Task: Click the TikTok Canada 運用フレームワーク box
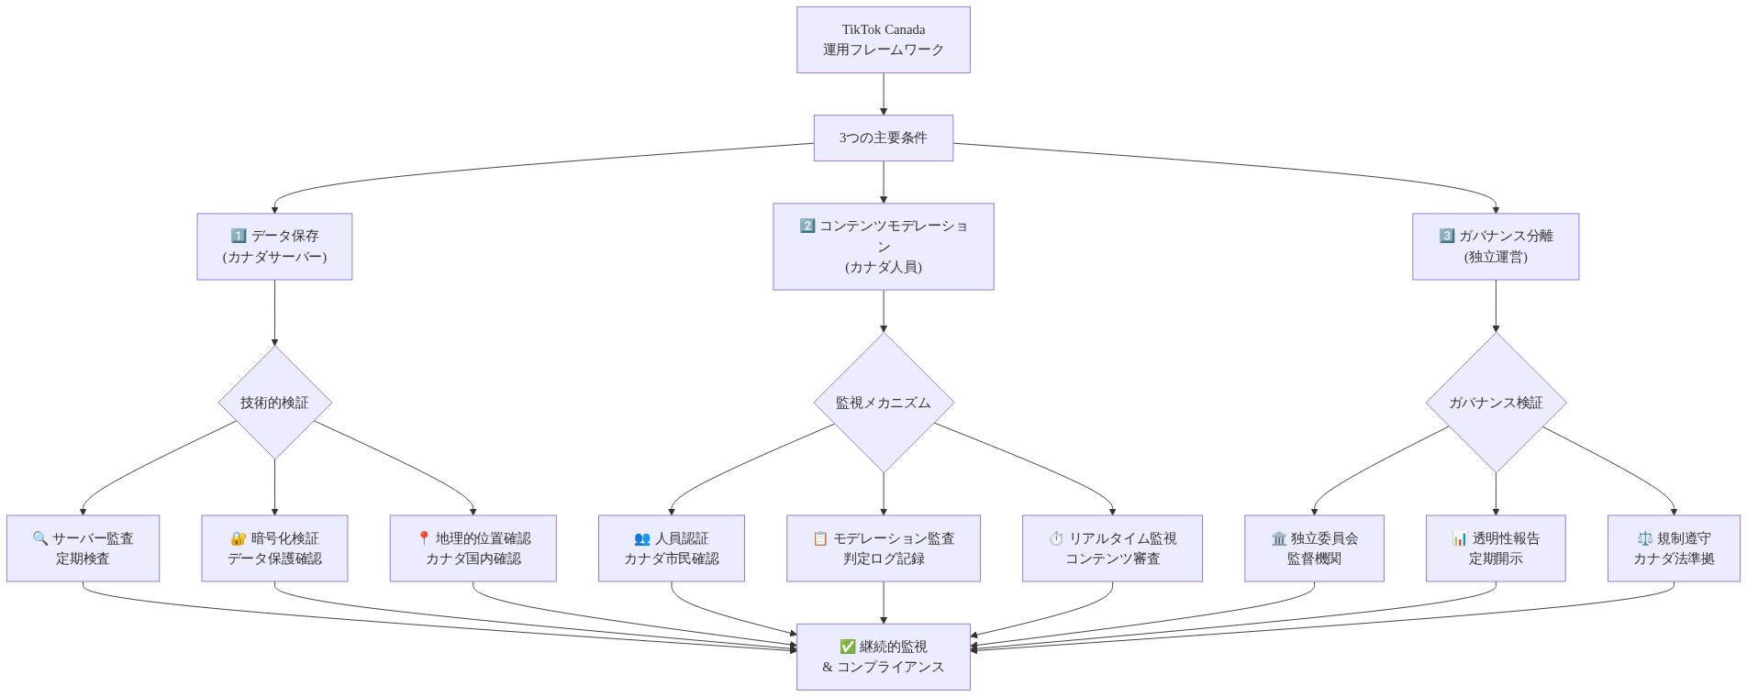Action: coord(883,39)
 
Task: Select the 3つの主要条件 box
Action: coord(883,138)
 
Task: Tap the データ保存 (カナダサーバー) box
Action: coord(274,246)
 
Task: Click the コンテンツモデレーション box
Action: coord(883,246)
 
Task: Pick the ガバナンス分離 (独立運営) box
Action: coord(1495,246)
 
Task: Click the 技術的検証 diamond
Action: coord(274,402)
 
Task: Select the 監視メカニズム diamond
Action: coord(883,402)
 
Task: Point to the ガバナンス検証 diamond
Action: coord(1495,402)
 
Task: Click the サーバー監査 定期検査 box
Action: coord(83,548)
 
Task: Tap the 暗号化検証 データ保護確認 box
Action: coord(274,548)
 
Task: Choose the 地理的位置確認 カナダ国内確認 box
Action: coord(473,548)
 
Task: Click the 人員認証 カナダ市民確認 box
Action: coord(671,548)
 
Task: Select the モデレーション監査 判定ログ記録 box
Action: coord(883,548)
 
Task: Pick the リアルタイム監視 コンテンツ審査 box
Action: coord(1112,548)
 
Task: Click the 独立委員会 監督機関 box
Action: coord(1314,548)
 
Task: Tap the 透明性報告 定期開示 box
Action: coord(1495,548)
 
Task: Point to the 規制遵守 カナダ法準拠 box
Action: coord(1673,548)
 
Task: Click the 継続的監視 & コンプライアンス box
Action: coord(883,657)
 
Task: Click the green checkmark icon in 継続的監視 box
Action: coord(847,647)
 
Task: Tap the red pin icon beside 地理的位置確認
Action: coord(423,538)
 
